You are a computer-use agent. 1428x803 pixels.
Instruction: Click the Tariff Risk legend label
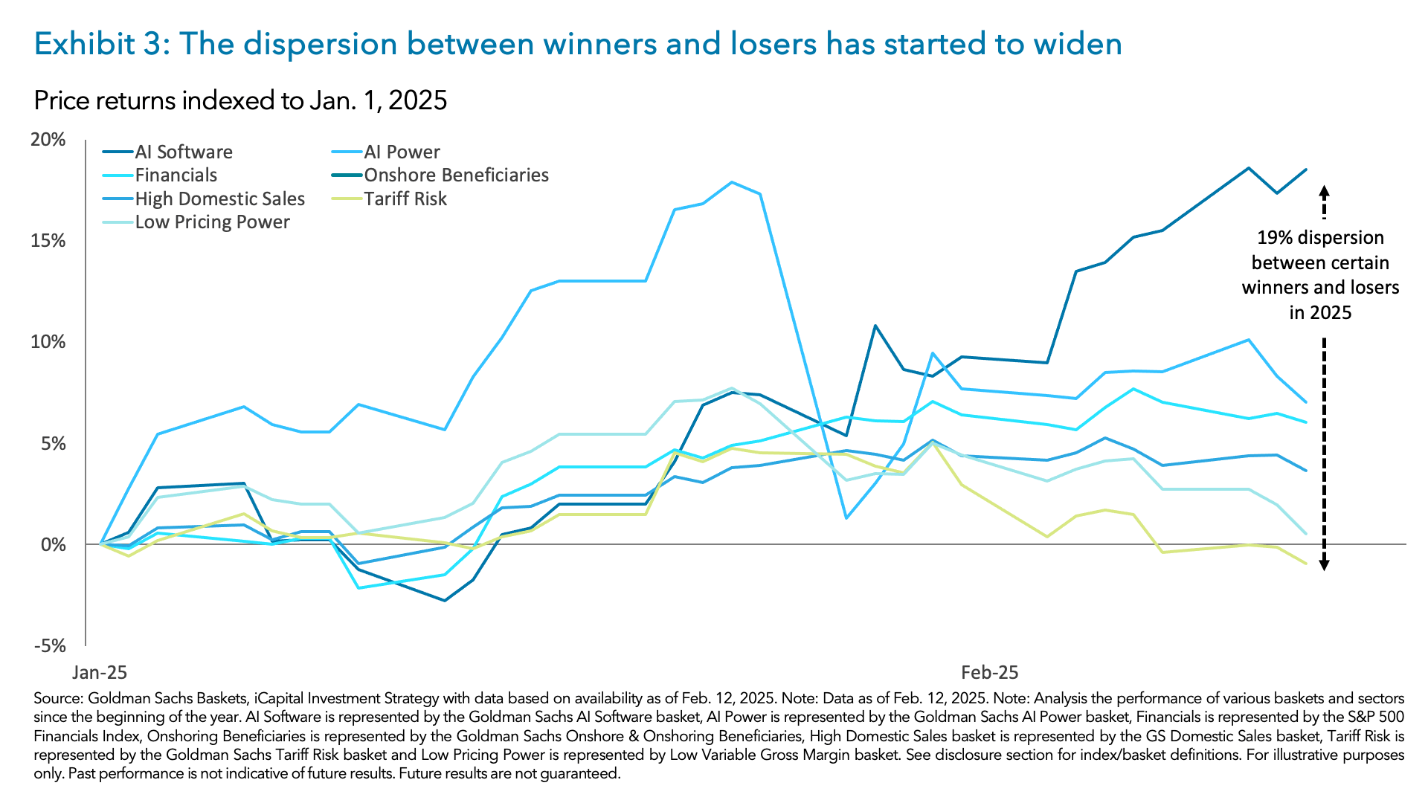point(405,199)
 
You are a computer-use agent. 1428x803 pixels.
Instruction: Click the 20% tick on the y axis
point(49,140)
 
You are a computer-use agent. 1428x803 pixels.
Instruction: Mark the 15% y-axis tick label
point(49,241)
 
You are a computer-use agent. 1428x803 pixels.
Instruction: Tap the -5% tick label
point(49,645)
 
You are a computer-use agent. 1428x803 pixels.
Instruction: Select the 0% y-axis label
point(53,544)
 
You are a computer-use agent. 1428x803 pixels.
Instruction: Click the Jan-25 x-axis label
point(99,673)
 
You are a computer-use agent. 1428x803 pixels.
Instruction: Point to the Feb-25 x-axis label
point(989,673)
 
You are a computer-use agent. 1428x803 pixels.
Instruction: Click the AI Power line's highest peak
point(732,182)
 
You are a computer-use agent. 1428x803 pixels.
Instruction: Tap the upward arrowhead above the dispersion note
point(1324,190)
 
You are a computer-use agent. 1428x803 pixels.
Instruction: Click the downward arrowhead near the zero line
point(1324,565)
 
